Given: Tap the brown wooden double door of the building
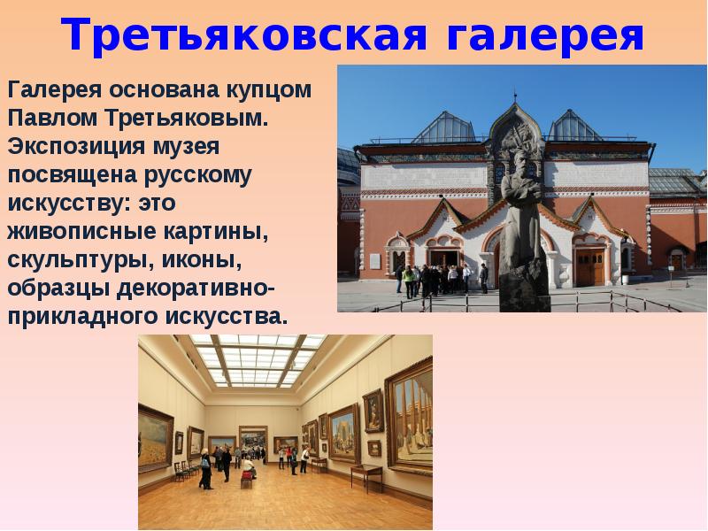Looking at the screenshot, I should coord(589,266).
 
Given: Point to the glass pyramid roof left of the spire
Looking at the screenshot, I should coord(443,129).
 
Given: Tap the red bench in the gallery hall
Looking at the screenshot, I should coord(248,477).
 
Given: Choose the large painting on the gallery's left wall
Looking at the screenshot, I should coord(155,438).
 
